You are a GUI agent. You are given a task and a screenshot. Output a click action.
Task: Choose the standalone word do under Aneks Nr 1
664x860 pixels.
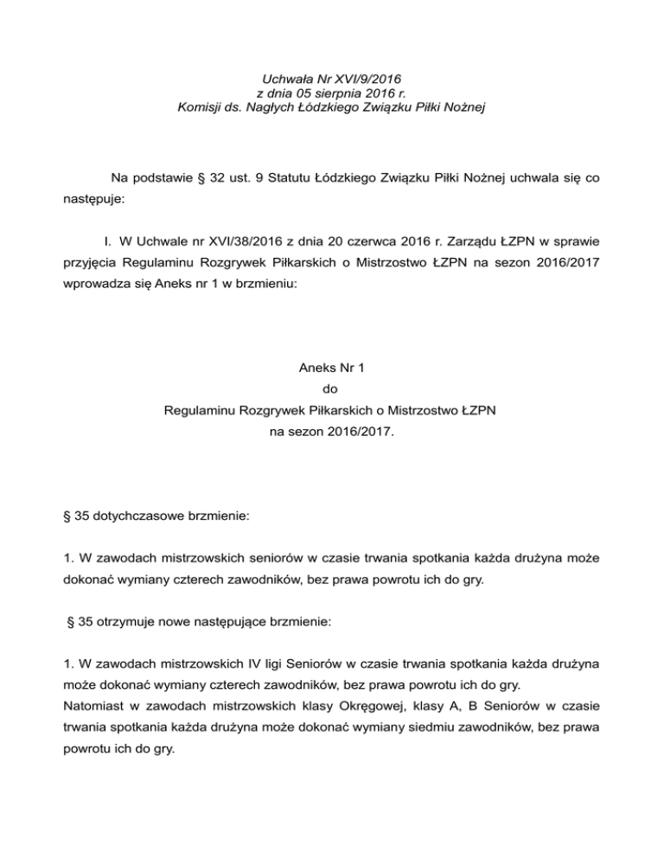(x=331, y=388)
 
